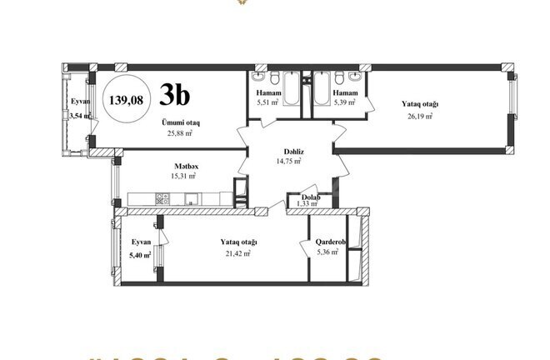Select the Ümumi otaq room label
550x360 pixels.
180,122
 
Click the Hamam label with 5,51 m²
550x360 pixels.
267,92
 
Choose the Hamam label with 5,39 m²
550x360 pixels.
345,92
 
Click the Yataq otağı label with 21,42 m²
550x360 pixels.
239,242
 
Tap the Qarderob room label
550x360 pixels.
326,242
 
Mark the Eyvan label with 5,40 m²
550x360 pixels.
139,242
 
